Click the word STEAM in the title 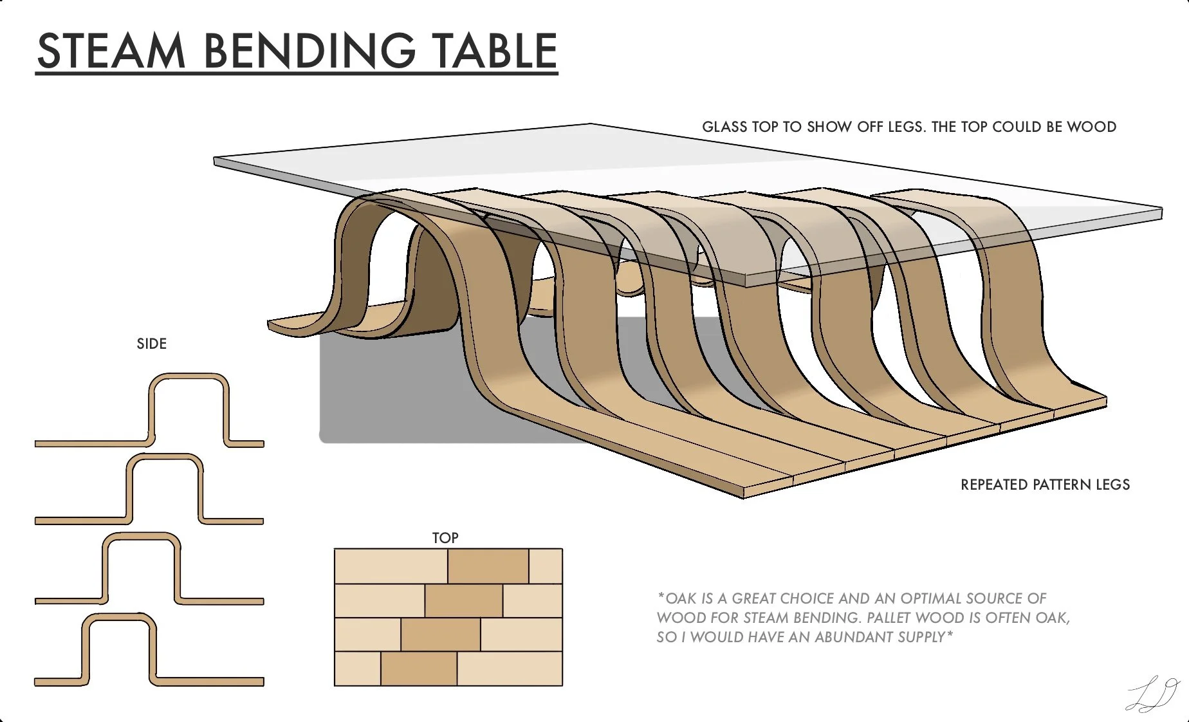tap(111, 51)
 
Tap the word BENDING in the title tap(309, 51)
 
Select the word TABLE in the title tap(494, 51)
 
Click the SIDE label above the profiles tap(152, 344)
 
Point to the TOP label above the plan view tap(445, 538)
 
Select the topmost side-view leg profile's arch tap(189, 377)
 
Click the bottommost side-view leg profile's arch tap(119, 617)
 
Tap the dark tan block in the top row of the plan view tap(488, 566)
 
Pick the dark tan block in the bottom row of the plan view tap(419, 669)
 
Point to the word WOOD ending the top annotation tap(1091, 127)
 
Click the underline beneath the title tap(297, 74)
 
